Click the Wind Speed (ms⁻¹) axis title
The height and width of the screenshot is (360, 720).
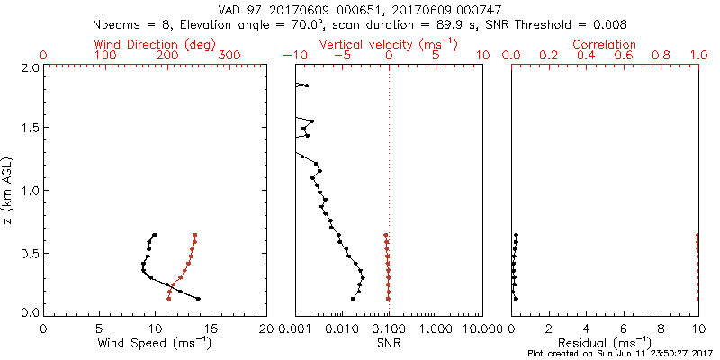pos(155,342)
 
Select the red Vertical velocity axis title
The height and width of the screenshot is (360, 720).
pos(388,44)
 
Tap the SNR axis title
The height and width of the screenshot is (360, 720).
pos(388,342)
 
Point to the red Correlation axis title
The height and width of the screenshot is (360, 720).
pos(605,44)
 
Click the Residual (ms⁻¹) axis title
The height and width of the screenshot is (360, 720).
pos(605,342)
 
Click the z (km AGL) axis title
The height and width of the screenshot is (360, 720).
pos(9,190)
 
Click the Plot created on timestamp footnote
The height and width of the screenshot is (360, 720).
pos(621,354)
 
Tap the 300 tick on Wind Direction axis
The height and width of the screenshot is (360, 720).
pos(229,56)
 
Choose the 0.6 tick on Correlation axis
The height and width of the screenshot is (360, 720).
pos(624,56)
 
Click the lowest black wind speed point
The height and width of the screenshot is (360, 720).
pos(198,299)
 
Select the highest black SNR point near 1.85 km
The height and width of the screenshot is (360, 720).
pos(307,85)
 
